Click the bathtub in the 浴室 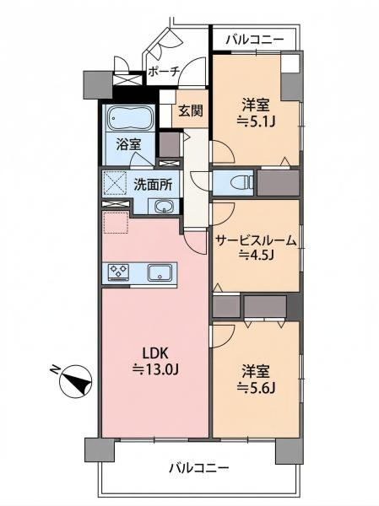pyautogui.click(x=130, y=118)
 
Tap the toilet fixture pyautogui.click(x=242, y=183)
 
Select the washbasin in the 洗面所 pyautogui.click(x=164, y=206)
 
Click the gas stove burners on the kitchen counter pyautogui.click(x=119, y=272)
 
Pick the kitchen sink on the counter pyautogui.click(x=160, y=272)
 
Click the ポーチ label pyautogui.click(x=164, y=72)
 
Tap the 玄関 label pyautogui.click(x=191, y=110)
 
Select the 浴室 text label pyautogui.click(x=128, y=144)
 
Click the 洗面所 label pyautogui.click(x=153, y=186)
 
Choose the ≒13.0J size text pyautogui.click(x=155, y=369)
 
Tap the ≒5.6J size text pyautogui.click(x=257, y=388)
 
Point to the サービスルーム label pyautogui.click(x=256, y=240)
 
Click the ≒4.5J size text pyautogui.click(x=256, y=255)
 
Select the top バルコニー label pyautogui.click(x=255, y=40)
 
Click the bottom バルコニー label pyautogui.click(x=199, y=467)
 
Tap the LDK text pyautogui.click(x=155, y=354)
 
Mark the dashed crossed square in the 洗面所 pyautogui.click(x=115, y=183)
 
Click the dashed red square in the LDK pyautogui.click(x=116, y=222)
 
